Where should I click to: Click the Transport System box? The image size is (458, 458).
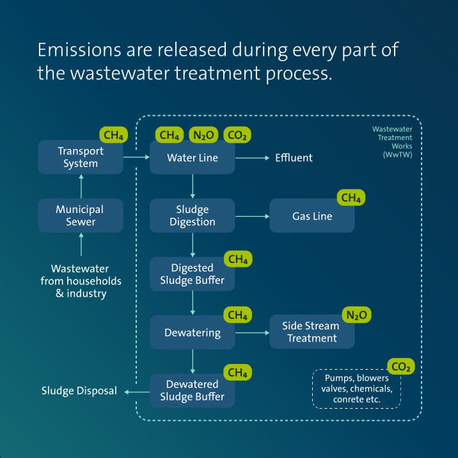point(80,157)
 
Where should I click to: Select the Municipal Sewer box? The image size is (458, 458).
point(80,216)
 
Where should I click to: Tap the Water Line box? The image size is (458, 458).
point(192,157)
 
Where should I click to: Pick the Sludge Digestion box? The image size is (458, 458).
point(192,216)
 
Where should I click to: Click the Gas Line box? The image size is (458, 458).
point(312,216)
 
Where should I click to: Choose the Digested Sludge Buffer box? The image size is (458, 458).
point(192,274)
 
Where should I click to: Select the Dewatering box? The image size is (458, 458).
point(192,333)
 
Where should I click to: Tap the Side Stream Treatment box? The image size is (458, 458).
point(312,332)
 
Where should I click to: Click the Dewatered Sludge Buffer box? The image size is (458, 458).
point(192,391)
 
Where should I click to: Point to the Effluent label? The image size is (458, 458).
point(294,157)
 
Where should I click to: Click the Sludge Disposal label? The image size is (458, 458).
point(79,391)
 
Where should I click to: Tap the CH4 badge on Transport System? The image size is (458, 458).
point(113,135)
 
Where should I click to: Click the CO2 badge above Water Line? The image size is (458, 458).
point(237,135)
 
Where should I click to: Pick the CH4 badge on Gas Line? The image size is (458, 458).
point(351,198)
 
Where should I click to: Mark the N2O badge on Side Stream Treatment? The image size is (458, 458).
point(357,315)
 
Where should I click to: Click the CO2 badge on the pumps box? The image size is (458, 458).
point(400,367)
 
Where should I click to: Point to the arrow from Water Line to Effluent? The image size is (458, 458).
point(254,157)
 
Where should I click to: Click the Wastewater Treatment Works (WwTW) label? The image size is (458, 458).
point(392,141)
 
